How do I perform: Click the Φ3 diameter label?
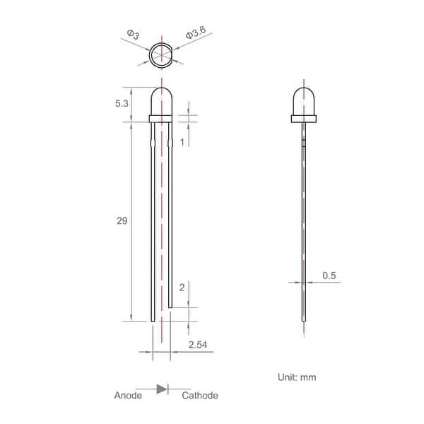134,35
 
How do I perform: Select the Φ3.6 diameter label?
196,33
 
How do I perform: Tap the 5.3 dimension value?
122,103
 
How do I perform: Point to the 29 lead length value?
122,221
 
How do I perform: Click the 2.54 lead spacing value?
198,345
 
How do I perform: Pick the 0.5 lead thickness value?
329,276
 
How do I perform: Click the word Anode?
128,395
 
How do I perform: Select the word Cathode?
200,395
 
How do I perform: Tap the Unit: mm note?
297,377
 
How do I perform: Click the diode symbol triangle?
161,389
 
